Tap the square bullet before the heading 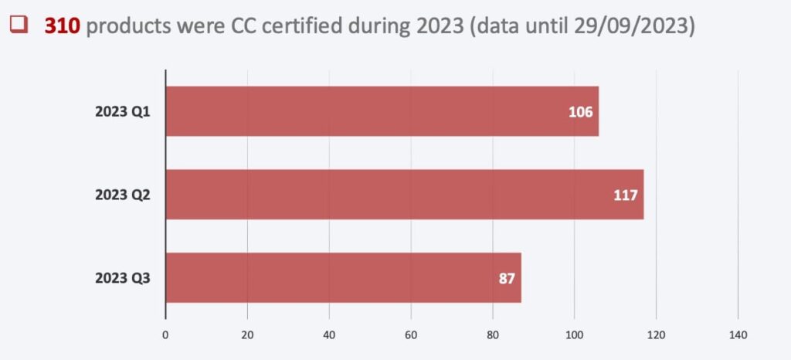click(x=20, y=25)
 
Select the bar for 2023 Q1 click(x=382, y=111)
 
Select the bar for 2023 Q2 click(x=404, y=195)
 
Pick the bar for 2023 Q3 click(x=343, y=278)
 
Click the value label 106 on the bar click(x=580, y=112)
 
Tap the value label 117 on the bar click(x=625, y=195)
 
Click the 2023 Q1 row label click(x=123, y=112)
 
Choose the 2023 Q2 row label click(x=123, y=195)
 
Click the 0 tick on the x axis click(x=165, y=335)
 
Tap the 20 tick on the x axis click(x=247, y=335)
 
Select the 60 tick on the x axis click(x=411, y=335)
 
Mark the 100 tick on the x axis click(x=574, y=335)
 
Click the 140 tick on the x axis click(x=738, y=335)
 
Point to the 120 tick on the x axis click(x=656, y=335)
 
